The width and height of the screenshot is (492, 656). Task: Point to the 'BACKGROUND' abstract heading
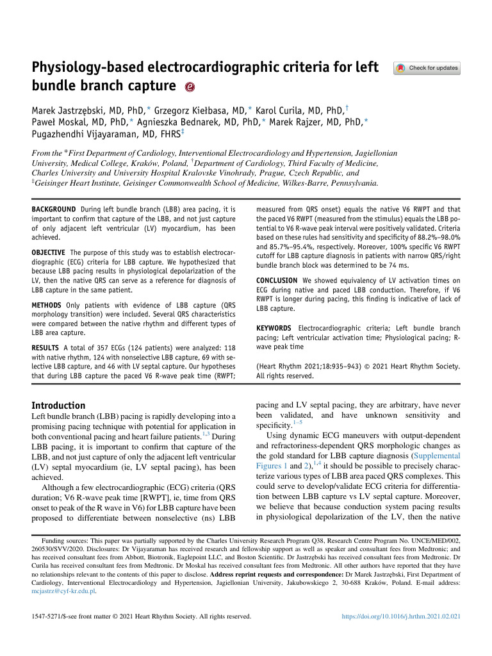54,209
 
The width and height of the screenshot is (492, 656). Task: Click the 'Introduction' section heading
58,406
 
